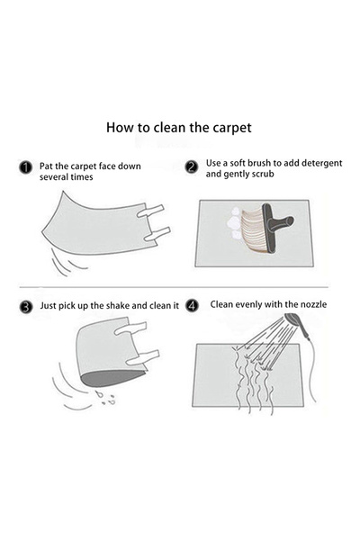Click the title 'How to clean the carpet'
179,127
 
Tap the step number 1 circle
26,167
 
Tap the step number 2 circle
192,167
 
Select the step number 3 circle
26,307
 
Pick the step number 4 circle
192,306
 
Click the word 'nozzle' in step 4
312,304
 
